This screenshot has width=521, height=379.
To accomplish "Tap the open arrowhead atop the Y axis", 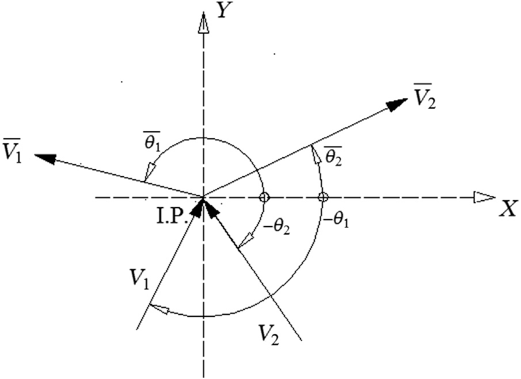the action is [x=203, y=22].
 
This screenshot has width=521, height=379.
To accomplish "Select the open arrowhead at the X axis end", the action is [x=485, y=197].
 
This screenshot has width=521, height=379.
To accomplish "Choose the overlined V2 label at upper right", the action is [x=424, y=95].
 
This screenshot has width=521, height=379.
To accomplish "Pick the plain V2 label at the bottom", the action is [x=269, y=335].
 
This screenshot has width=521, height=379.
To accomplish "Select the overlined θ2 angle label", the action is [x=333, y=155].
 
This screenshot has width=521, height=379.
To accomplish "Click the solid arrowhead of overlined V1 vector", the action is [x=45, y=158].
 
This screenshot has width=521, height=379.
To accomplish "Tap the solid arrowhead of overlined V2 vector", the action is [x=397, y=105].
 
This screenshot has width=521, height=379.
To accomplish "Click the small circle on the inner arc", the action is [x=264, y=197].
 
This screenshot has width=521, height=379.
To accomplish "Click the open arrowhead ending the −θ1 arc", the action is [x=159, y=309].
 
